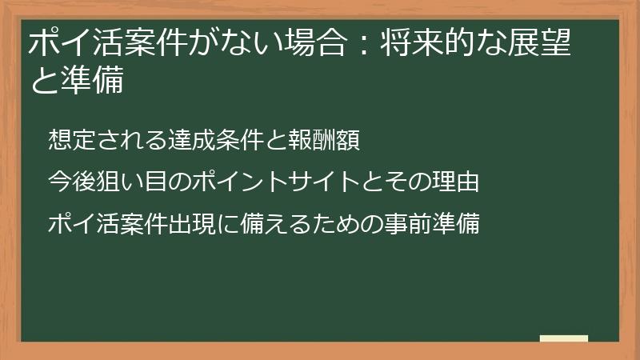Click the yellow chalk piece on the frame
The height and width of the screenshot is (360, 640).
pos(563,338)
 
